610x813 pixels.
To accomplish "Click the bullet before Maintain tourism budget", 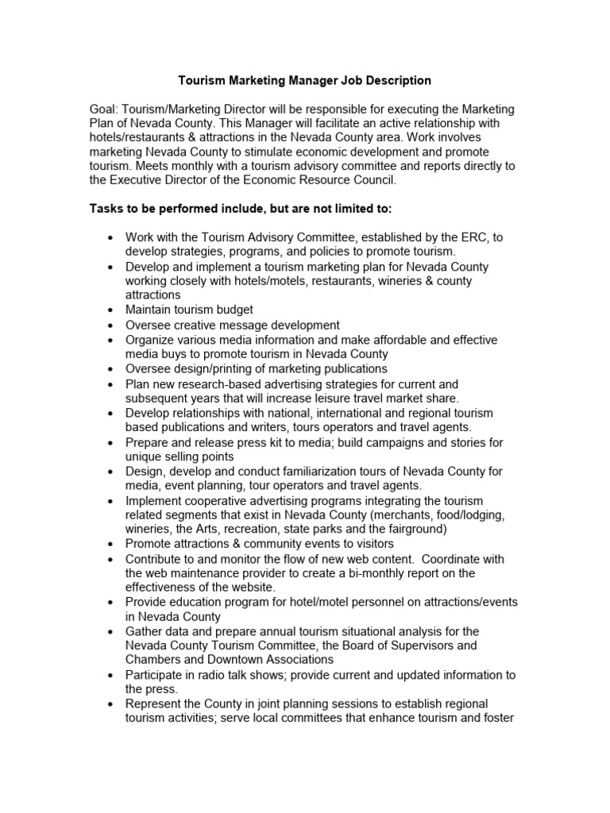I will tap(110, 310).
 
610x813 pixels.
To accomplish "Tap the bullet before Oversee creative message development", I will tap(110, 325).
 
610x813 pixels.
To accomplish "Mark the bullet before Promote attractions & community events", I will tap(110, 544).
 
